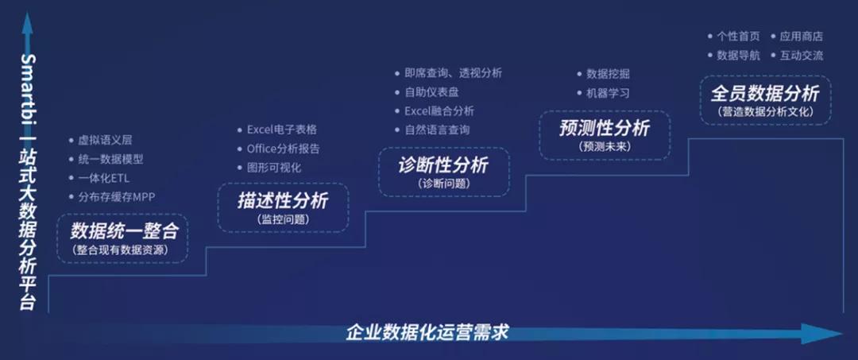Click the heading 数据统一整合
click(x=123, y=231)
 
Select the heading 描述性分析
click(x=283, y=200)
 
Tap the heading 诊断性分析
click(x=443, y=165)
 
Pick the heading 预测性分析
click(x=605, y=129)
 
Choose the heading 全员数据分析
click(x=765, y=94)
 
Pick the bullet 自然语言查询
click(x=437, y=130)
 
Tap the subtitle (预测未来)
click(x=605, y=146)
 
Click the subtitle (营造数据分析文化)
click(x=766, y=112)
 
